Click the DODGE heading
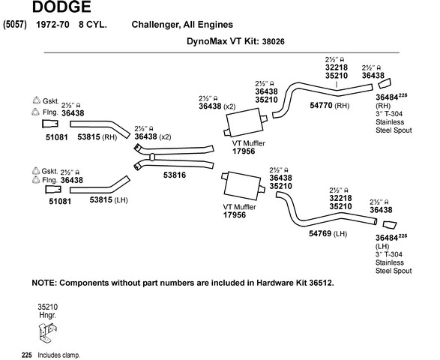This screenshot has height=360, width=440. tap(61, 7)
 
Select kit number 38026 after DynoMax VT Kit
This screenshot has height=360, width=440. tap(273, 42)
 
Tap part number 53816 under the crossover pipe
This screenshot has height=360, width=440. tap(175, 175)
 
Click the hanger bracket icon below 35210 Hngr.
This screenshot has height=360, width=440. tap(47, 332)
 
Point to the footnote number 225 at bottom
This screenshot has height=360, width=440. tap(27, 355)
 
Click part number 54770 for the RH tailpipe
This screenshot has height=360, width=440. tap(321, 105)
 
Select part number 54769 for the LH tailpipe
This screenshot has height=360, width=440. tap(320, 233)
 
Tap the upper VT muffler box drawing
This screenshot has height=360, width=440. tap(245, 122)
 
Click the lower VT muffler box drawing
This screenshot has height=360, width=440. tap(243, 186)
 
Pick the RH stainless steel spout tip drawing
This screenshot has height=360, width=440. tap(385, 84)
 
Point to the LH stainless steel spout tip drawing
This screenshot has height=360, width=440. tap(390, 225)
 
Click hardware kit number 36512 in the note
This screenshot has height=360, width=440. tap(321, 283)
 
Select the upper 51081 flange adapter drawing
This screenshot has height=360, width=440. tap(50, 124)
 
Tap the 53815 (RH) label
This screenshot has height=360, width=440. tap(97, 137)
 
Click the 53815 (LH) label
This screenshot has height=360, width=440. tap(109, 200)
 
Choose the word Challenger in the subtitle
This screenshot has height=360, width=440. tap(156, 25)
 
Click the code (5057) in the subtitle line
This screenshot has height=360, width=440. tap(15, 25)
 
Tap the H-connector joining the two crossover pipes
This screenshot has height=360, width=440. tap(152, 157)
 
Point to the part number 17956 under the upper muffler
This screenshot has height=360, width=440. tap(244, 151)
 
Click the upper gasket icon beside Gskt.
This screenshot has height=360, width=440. tap(37, 100)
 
